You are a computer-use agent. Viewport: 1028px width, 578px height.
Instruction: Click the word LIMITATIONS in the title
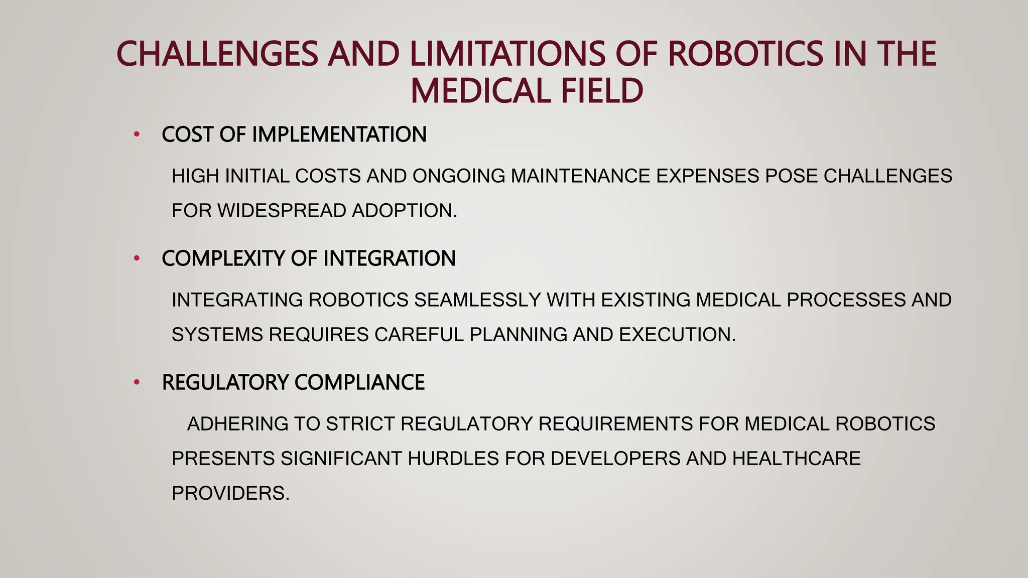[507, 54]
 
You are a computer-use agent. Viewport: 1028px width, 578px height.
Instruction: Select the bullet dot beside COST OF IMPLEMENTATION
[137, 134]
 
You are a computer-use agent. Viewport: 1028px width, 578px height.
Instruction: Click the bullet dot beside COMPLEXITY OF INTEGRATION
[137, 258]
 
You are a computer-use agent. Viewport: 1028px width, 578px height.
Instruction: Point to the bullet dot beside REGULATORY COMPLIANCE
[137, 382]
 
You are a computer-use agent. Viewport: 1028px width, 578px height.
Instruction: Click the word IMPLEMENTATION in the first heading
[339, 134]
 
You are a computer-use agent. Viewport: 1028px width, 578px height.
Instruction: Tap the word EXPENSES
[707, 176]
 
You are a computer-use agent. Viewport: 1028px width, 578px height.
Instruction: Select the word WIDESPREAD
[282, 211]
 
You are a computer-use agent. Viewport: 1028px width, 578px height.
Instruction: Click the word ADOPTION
[405, 211]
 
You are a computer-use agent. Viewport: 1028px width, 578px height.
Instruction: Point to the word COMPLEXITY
[223, 258]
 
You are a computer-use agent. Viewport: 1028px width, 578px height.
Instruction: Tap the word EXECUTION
[677, 335]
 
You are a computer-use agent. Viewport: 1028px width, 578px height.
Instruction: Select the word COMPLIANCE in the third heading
[359, 382]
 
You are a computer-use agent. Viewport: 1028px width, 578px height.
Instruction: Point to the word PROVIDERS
[230, 493]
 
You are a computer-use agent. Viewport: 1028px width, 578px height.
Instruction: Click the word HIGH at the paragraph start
[195, 176]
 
